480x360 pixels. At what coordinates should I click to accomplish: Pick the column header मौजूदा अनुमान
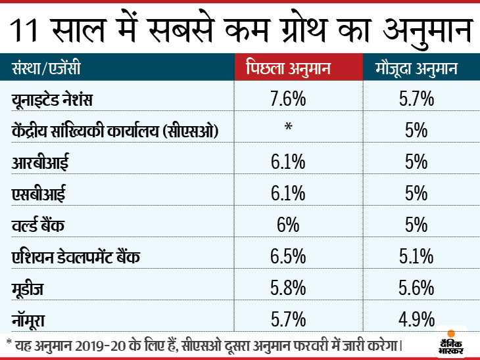coord(416,68)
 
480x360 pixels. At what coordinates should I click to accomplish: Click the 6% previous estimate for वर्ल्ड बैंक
coord(287,225)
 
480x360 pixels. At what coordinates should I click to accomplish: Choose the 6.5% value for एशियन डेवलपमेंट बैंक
coord(287,256)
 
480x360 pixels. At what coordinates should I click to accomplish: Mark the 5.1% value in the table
coord(416,256)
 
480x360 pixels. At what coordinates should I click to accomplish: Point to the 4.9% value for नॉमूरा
coord(416,319)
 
